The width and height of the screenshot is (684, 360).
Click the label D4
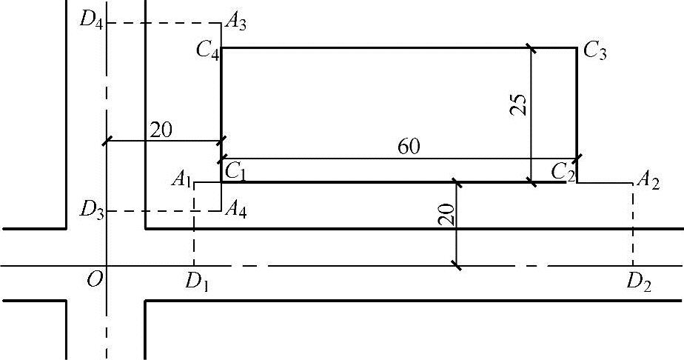[90, 18]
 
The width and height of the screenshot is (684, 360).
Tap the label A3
[236, 23]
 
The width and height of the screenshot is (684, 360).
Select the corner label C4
[207, 50]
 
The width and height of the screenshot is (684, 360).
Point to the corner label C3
[594, 51]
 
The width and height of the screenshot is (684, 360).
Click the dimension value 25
[518, 106]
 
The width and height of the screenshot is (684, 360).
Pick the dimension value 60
[409, 147]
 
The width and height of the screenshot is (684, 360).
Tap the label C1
[235, 171]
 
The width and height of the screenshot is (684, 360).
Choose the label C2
[562, 171]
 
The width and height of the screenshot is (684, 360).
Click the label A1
[181, 178]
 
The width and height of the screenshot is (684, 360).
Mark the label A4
[238, 210]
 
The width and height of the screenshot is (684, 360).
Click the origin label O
[93, 279]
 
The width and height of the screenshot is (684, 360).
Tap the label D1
[196, 281]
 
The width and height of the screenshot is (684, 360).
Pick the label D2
[637, 281]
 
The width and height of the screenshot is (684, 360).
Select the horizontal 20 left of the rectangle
[161, 130]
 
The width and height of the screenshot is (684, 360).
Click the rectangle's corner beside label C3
[577, 48]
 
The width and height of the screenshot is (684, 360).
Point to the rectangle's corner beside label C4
[221, 48]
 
